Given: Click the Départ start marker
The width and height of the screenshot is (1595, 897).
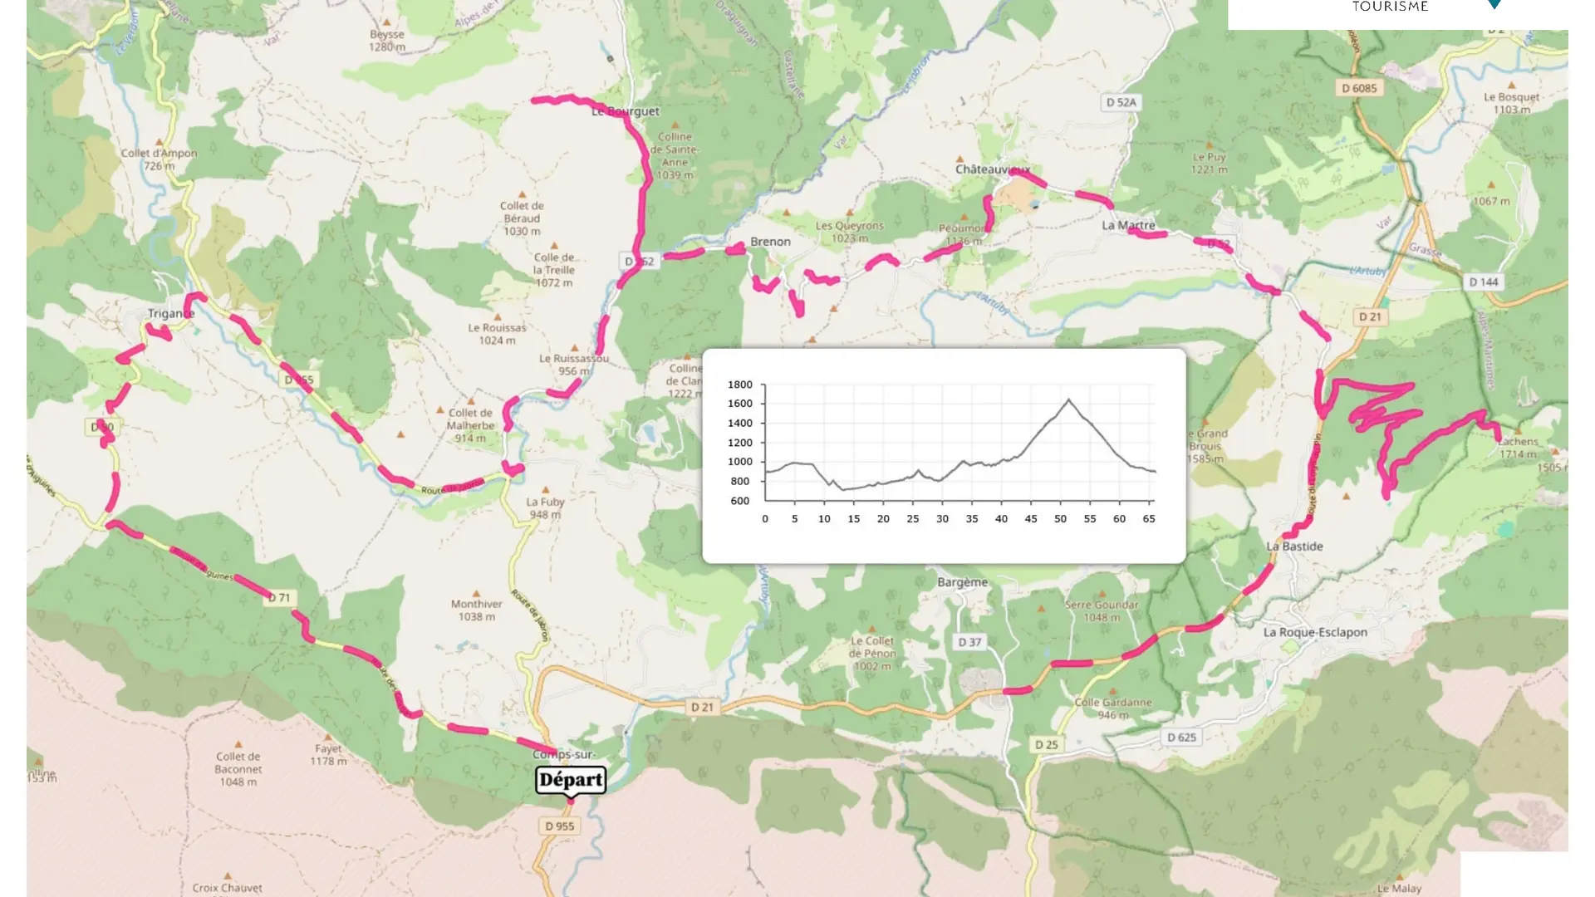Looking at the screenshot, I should (x=571, y=780).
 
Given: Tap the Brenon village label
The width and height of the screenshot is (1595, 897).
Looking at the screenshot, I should (x=770, y=242).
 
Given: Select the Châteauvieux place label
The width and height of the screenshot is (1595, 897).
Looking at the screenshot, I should (x=992, y=169).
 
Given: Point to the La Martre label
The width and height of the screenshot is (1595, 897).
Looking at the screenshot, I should (x=1128, y=225).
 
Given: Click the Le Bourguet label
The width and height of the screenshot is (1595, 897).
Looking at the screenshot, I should (x=626, y=111).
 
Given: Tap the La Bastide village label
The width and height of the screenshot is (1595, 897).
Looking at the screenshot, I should (x=1294, y=547).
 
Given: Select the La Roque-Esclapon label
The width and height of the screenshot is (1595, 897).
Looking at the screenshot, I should (x=1315, y=632).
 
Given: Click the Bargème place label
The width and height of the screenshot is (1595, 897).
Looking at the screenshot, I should (x=962, y=582).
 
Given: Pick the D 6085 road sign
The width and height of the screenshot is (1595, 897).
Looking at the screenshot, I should (x=1359, y=88).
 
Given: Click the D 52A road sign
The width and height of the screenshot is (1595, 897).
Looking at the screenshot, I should (x=1121, y=102).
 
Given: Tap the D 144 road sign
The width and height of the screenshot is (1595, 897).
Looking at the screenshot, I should (x=1483, y=282).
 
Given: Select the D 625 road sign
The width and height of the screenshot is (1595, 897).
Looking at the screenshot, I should (x=1181, y=738).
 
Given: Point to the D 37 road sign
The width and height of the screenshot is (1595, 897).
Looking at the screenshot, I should (x=969, y=642).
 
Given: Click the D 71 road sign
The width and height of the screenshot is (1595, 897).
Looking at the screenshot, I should (x=279, y=598).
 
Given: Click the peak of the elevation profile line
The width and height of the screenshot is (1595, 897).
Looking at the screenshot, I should (x=1068, y=399).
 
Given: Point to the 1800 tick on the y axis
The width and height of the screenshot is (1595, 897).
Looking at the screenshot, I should (x=739, y=385).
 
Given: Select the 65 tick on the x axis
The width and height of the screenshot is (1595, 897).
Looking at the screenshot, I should (x=1149, y=519).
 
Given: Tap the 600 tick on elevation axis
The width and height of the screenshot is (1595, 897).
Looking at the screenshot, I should (x=739, y=501).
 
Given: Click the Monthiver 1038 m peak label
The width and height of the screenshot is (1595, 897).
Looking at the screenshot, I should (x=476, y=610).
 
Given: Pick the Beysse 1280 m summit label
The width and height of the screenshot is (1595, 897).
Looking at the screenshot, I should (x=387, y=41).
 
